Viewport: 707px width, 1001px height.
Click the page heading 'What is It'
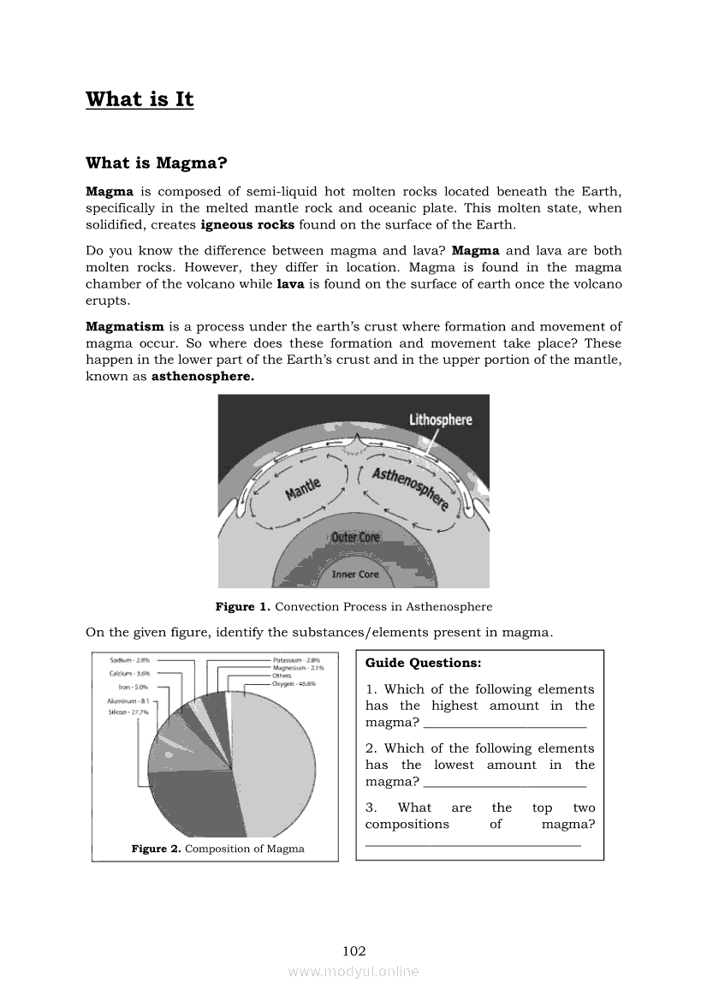[140, 99]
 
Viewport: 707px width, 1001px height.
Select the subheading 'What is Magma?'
[156, 163]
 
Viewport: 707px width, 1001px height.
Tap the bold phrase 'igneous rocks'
[247, 225]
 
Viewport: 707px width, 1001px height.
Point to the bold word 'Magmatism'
[125, 326]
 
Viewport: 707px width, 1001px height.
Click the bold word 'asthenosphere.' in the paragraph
[203, 377]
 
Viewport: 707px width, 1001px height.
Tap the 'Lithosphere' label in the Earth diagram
[441, 420]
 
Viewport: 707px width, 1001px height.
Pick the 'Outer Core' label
[355, 538]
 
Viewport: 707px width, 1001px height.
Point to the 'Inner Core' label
[355, 574]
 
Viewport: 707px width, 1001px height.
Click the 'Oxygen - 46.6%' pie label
[294, 684]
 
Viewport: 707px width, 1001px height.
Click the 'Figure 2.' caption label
[156, 849]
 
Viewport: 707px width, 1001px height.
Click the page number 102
[354, 950]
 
